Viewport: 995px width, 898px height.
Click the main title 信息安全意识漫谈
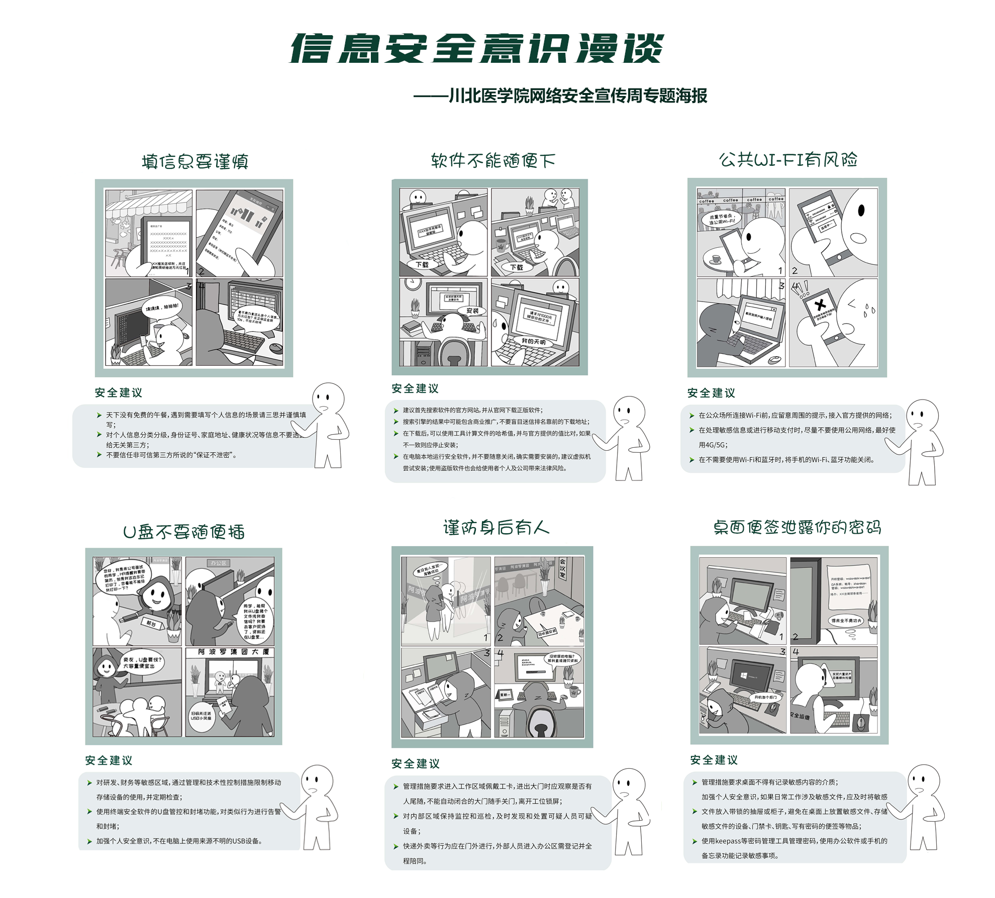pyautogui.click(x=476, y=49)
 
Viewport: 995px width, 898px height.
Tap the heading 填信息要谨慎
pyautogui.click(x=195, y=162)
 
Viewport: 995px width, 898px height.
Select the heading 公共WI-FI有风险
pyautogui.click(x=787, y=160)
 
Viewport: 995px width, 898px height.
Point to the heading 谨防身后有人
pyautogui.click(x=496, y=528)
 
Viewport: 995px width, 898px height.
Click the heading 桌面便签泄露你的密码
pyautogui.click(x=797, y=527)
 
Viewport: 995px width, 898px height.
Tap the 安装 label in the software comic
pyautogui.click(x=472, y=311)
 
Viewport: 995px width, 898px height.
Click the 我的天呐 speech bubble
pyautogui.click(x=533, y=341)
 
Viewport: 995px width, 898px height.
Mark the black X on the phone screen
pyautogui.click(x=820, y=305)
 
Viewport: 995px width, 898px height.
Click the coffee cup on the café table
pyautogui.click(x=716, y=259)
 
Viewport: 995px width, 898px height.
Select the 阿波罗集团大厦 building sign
pyautogui.click(x=233, y=652)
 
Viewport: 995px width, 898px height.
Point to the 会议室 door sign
pyautogui.click(x=563, y=568)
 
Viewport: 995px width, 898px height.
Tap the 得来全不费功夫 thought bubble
pyautogui.click(x=846, y=621)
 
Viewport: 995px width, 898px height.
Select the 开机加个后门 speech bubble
pyautogui.click(x=765, y=697)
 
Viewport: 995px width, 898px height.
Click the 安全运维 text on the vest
pyautogui.click(x=800, y=716)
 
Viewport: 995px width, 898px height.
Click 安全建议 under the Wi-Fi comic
pyautogui.click(x=711, y=393)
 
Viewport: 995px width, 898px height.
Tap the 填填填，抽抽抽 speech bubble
pyautogui.click(x=162, y=307)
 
